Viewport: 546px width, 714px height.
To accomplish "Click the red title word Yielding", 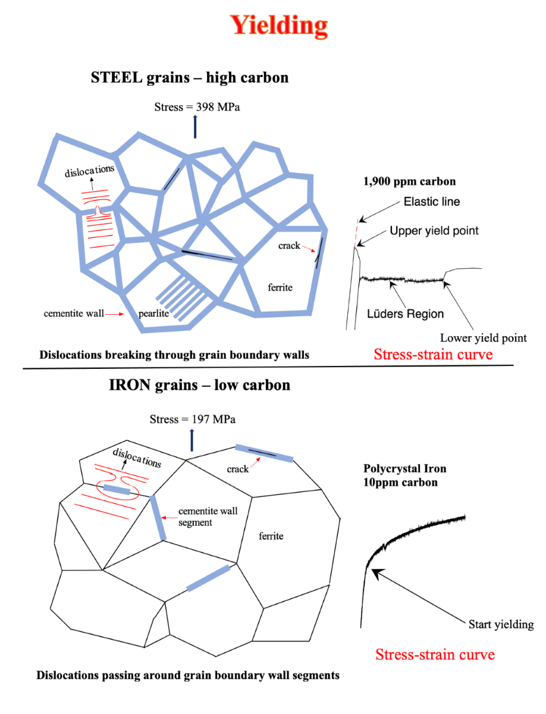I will point(278,26).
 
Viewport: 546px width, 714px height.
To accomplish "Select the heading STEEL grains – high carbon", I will point(189,77).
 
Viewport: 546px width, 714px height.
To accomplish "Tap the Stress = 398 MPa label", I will point(197,107).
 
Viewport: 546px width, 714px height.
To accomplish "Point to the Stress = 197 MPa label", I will point(193,419).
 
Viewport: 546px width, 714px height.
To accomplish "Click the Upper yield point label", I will point(434,230).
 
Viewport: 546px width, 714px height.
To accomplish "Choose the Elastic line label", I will point(431,202).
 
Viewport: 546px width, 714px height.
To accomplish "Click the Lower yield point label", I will point(483,338).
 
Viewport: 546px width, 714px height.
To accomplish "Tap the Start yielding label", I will point(501,624).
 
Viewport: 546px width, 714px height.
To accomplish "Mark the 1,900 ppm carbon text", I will point(409,181).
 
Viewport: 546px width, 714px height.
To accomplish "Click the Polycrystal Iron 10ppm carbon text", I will point(401,475).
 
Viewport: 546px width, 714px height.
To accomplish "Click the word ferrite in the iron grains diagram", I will point(271,536).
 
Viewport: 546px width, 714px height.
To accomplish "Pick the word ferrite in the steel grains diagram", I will point(280,287).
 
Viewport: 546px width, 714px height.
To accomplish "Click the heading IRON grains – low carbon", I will point(199,385).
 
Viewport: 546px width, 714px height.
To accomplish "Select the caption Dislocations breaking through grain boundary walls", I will point(174,355).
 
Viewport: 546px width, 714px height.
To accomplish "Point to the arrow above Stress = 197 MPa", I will point(192,440).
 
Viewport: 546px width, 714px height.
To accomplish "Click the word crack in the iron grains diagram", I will point(237,469).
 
